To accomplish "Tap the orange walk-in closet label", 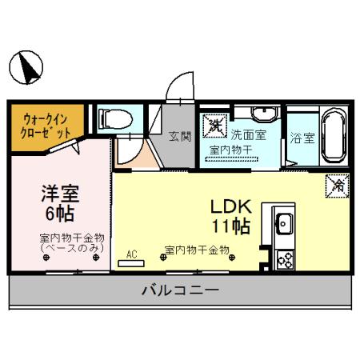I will pyautogui.click(x=40, y=124).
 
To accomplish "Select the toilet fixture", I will pyautogui.click(x=114, y=120).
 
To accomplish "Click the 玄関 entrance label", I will pyautogui.click(x=180, y=136).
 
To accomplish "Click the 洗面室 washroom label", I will pyautogui.click(x=248, y=135).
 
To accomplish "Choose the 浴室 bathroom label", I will pyautogui.click(x=303, y=137).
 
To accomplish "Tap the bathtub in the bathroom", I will pyautogui.click(x=331, y=135).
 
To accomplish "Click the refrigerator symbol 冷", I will pyautogui.click(x=334, y=186).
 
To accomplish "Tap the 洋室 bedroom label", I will pyautogui.click(x=59, y=194).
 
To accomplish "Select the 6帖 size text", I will pyautogui.click(x=59, y=214).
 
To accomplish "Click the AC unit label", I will pyautogui.click(x=131, y=254).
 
